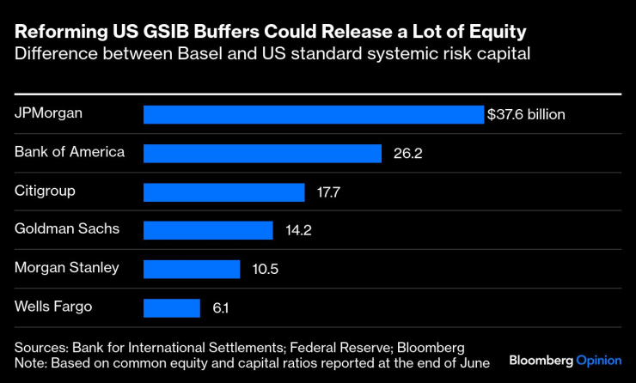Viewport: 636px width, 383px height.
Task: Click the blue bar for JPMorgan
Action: click(x=313, y=114)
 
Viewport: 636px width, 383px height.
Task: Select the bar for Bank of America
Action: click(x=262, y=153)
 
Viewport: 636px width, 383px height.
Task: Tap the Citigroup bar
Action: click(x=223, y=191)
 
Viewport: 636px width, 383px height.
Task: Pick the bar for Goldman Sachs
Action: click(x=207, y=230)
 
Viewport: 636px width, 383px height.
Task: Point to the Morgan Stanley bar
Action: click(x=191, y=269)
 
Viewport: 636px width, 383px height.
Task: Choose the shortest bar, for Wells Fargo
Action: click(x=171, y=307)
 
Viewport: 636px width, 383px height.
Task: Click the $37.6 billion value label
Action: click(x=526, y=114)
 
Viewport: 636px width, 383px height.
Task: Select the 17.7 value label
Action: click(x=327, y=191)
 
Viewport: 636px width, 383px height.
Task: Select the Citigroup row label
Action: click(x=44, y=191)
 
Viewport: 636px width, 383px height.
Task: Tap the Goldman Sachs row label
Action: click(x=67, y=228)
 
